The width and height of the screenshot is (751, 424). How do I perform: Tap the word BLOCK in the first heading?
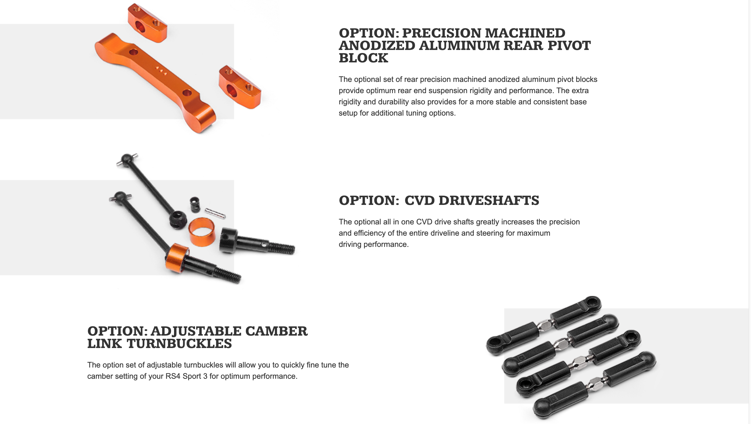[363, 58]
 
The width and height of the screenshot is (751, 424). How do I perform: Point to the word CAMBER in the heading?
[276, 331]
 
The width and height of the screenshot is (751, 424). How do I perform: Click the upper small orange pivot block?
[147, 23]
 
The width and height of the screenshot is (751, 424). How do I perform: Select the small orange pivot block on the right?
[240, 87]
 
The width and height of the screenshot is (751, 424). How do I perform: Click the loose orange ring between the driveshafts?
[202, 232]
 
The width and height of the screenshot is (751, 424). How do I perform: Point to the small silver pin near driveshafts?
[215, 214]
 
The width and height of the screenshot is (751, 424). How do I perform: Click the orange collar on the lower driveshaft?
[177, 258]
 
